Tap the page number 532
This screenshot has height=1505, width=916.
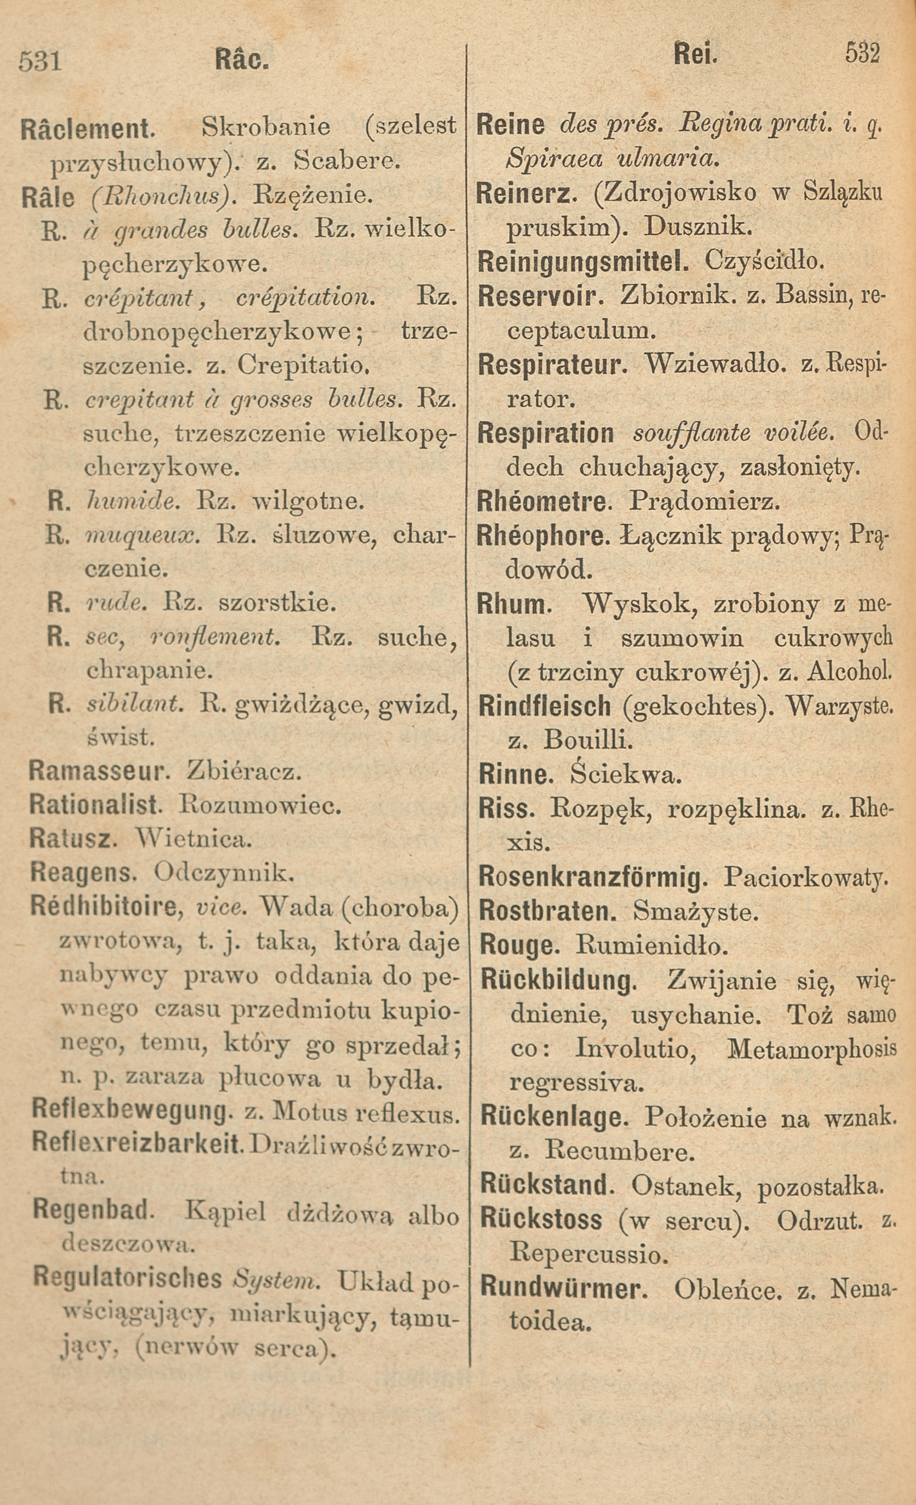[x=862, y=54]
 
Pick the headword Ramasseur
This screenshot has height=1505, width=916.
[x=98, y=772]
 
